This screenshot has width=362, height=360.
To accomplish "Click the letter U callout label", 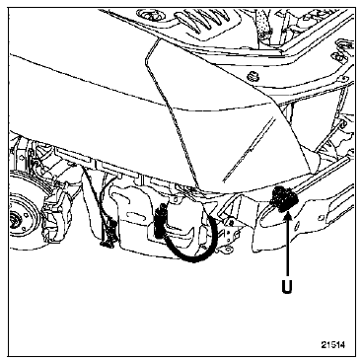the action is tap(287, 286).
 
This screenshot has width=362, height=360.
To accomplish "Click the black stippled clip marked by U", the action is tap(282, 199).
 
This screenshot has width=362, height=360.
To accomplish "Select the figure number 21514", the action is tap(333, 345).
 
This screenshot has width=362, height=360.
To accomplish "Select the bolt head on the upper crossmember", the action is tap(253, 75).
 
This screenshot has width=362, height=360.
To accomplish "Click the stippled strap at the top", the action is tap(263, 22).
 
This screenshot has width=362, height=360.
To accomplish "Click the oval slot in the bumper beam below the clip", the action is tap(274, 221).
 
